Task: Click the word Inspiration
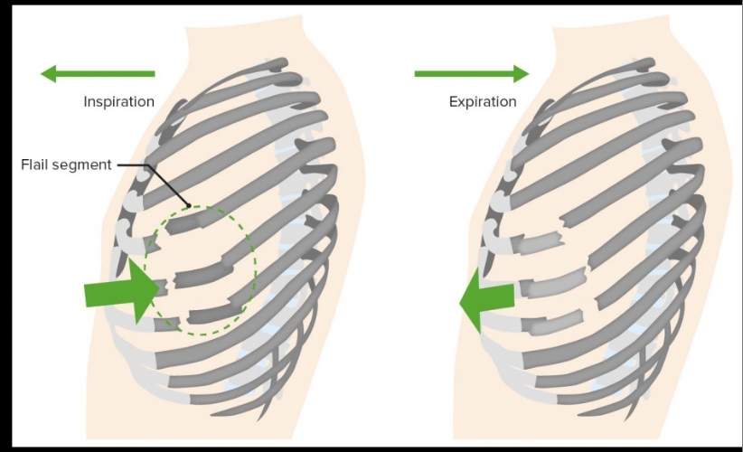118,101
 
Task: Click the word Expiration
483,101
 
